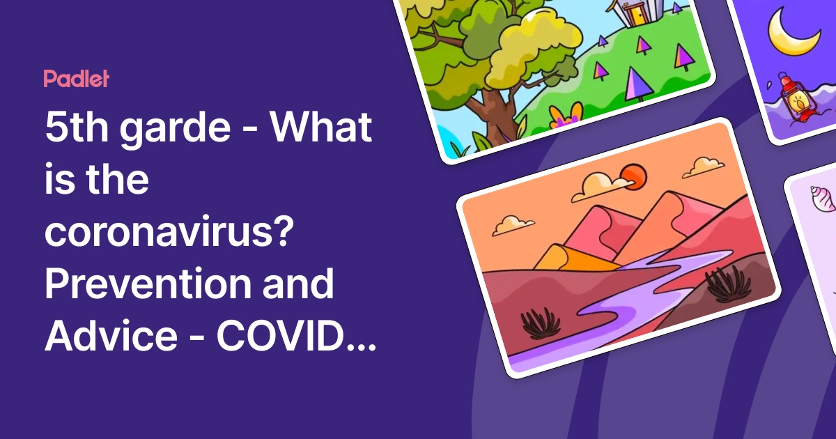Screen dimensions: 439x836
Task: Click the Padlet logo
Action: click(x=76, y=79)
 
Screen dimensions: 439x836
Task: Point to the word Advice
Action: click(x=111, y=337)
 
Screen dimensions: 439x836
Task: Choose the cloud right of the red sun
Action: click(x=703, y=167)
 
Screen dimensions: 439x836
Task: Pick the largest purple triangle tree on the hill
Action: click(x=636, y=84)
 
